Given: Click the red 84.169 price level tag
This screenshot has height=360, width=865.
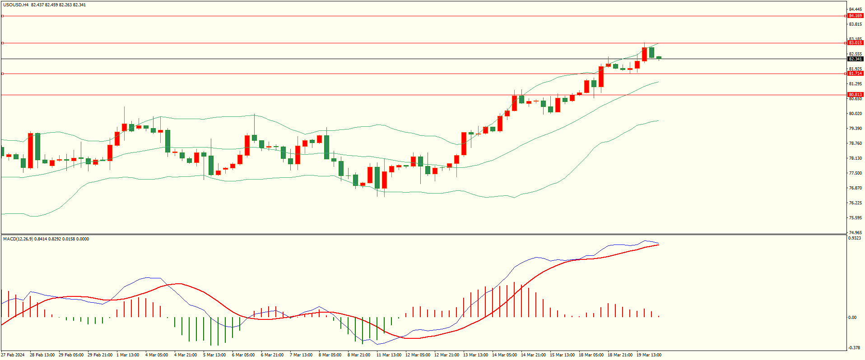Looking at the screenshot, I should tap(855, 16).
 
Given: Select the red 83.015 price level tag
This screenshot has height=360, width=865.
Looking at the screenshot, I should tap(855, 43).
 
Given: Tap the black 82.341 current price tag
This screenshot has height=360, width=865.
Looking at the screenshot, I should tap(855, 59).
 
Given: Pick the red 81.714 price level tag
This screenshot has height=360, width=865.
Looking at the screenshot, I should tap(855, 74).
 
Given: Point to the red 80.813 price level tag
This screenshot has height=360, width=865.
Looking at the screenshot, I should tap(855, 95).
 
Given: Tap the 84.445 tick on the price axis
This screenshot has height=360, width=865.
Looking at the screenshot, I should tap(855, 9).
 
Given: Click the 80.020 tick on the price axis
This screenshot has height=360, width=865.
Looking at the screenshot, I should tap(855, 114).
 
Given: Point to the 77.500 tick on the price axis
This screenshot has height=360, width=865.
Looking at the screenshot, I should tap(855, 173).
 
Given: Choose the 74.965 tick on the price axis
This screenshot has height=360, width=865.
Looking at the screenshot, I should tap(855, 233).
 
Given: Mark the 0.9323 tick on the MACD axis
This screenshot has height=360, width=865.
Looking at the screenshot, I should tap(854, 238).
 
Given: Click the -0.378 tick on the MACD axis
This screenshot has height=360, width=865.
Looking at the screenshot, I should tap(854, 348).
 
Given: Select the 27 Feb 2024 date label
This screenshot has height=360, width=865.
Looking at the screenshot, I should tap(13, 355).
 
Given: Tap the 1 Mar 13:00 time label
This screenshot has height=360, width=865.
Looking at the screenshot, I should tap(128, 355).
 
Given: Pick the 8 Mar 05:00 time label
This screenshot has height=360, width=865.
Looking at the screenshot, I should tap(330, 355).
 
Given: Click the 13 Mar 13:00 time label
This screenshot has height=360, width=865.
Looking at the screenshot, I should tap(475, 355).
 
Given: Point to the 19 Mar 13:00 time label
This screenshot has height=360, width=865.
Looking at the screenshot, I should tap(649, 355).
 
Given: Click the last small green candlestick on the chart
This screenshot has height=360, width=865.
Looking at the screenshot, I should tap(659, 58).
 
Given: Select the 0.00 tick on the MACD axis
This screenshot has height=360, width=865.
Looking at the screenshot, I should tap(852, 318).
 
